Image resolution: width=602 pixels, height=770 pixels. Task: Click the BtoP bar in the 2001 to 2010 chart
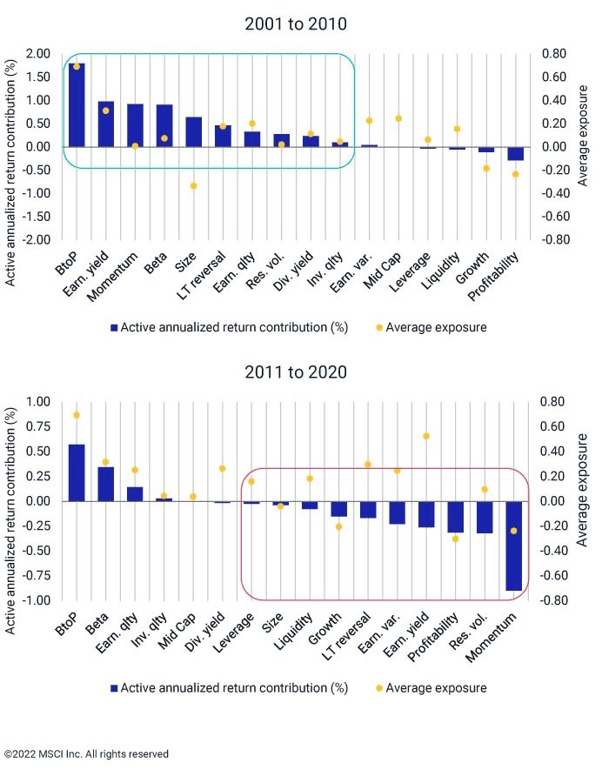pyautogui.click(x=77, y=105)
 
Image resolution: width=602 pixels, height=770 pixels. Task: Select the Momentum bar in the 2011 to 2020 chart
pyautogui.click(x=513, y=546)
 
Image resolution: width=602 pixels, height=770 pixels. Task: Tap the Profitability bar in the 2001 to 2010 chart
pyautogui.click(x=516, y=154)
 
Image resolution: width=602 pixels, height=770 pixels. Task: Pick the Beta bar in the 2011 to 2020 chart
pyautogui.click(x=105, y=485)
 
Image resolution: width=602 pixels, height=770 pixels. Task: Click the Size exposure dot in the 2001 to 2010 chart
pyautogui.click(x=193, y=185)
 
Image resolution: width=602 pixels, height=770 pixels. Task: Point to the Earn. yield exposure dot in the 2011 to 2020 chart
pyautogui.click(x=426, y=436)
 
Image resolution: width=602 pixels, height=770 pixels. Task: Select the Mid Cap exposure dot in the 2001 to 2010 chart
pyautogui.click(x=398, y=118)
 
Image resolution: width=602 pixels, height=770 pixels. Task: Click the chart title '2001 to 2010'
pyautogui.click(x=296, y=23)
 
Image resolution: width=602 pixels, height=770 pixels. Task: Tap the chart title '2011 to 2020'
pyautogui.click(x=296, y=372)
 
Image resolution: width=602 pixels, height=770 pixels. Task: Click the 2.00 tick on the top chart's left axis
pyautogui.click(x=38, y=54)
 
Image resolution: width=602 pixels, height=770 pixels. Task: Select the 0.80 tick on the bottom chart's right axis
pyautogui.click(x=552, y=402)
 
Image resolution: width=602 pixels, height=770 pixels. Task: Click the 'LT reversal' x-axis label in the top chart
pyautogui.click(x=201, y=276)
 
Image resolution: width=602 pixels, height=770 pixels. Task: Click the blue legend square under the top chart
pyautogui.click(x=114, y=327)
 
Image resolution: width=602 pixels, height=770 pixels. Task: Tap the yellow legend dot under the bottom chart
pyautogui.click(x=379, y=688)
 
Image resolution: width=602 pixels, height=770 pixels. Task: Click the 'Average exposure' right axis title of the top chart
pyautogui.click(x=583, y=136)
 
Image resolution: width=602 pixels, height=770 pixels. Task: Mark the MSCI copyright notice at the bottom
pyautogui.click(x=86, y=753)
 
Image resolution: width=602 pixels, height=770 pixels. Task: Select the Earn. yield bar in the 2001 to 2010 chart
pyautogui.click(x=106, y=124)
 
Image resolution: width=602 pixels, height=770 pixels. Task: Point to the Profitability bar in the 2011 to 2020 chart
pyautogui.click(x=455, y=517)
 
